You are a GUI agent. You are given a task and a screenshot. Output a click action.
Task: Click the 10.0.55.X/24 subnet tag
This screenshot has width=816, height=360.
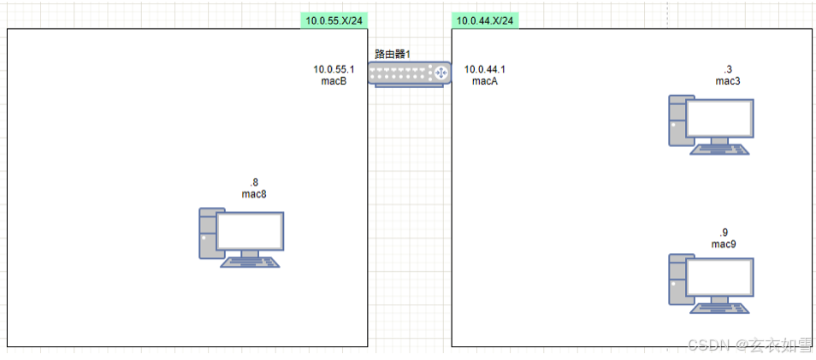click(334, 20)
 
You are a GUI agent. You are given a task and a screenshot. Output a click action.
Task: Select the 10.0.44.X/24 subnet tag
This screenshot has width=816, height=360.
click(485, 20)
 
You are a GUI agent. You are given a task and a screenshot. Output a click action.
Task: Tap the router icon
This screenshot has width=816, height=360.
click(410, 74)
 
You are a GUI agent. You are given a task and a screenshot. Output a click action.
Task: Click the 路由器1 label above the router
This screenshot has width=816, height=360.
click(393, 54)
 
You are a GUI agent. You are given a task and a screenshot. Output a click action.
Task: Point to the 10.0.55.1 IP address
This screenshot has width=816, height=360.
click(334, 69)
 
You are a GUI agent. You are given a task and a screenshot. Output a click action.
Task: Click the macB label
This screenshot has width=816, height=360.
click(333, 81)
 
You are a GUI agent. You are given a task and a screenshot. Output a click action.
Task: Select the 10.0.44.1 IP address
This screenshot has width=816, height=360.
click(485, 69)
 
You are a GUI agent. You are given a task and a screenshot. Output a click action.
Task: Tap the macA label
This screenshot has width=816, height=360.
click(485, 81)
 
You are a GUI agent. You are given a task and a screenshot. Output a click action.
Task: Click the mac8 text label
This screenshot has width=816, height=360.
click(254, 194)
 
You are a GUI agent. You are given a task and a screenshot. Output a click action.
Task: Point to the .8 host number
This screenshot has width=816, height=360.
click(254, 182)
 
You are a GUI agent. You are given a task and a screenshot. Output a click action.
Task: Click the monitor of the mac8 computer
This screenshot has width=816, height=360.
click(250, 231)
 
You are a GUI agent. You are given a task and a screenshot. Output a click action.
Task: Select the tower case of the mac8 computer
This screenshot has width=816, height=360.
click(206, 233)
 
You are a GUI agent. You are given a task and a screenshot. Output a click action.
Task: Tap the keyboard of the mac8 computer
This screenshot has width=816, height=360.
click(250, 263)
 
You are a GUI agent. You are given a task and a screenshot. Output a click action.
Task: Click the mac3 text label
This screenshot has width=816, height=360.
click(728, 80)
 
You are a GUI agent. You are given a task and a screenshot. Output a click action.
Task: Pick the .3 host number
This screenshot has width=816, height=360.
click(728, 68)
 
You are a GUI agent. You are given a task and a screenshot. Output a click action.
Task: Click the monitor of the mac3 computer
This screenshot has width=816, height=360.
click(720, 119)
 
